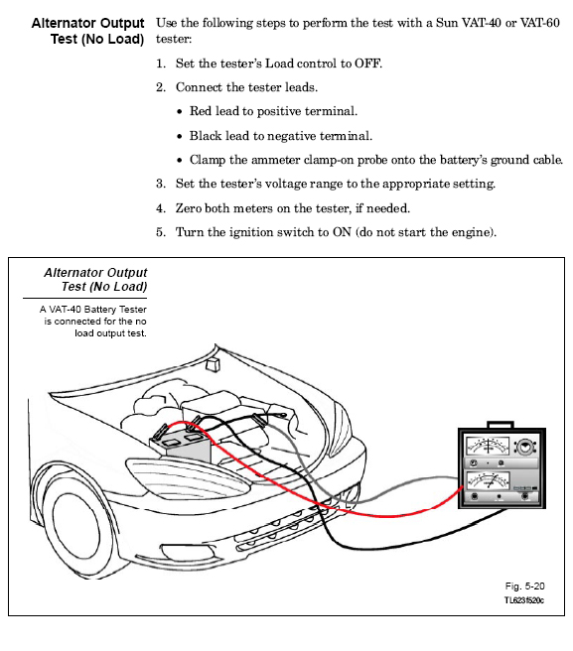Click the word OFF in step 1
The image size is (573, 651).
click(x=367, y=64)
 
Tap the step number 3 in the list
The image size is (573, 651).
click(x=161, y=184)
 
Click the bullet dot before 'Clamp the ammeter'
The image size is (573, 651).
click(x=179, y=160)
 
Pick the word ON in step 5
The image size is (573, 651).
click(x=342, y=232)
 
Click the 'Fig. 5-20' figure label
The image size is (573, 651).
click(x=524, y=586)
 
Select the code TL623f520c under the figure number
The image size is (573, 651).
click(x=524, y=600)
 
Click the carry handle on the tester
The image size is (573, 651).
click(x=501, y=425)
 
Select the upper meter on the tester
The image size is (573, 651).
click(x=487, y=447)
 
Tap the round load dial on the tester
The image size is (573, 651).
click(x=525, y=448)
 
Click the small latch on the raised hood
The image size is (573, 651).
click(x=213, y=365)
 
